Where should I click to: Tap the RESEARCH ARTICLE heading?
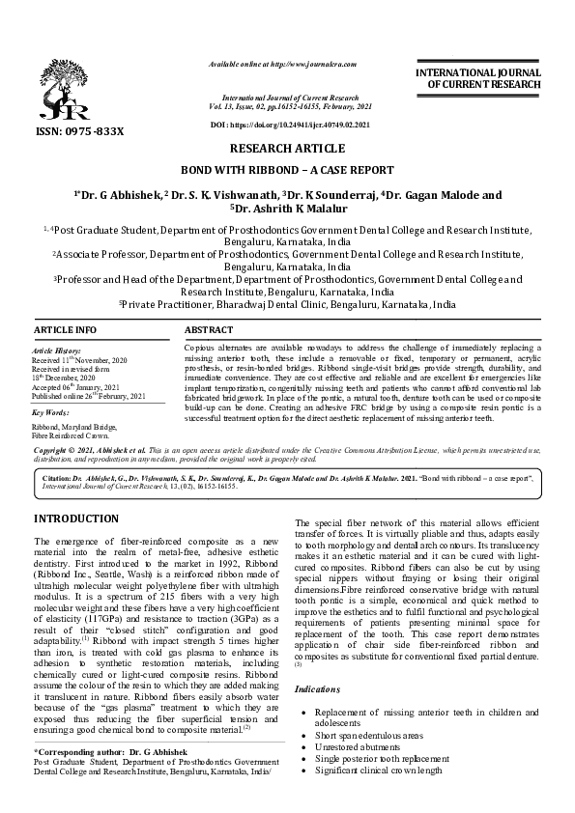pos(286,149)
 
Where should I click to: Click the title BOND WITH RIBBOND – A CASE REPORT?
pos(287,170)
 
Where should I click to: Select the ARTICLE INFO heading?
pos(66,330)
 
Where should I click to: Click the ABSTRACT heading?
pos(208,330)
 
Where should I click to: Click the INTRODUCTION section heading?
pos(75,519)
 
